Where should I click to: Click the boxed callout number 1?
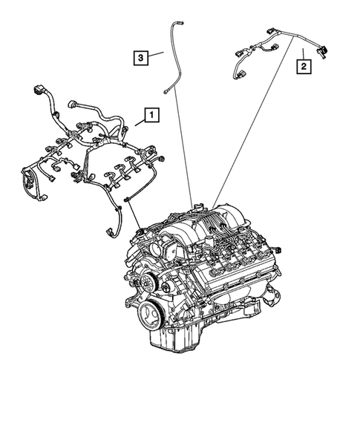point(151,115)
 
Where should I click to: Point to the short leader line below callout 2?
point(303,54)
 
